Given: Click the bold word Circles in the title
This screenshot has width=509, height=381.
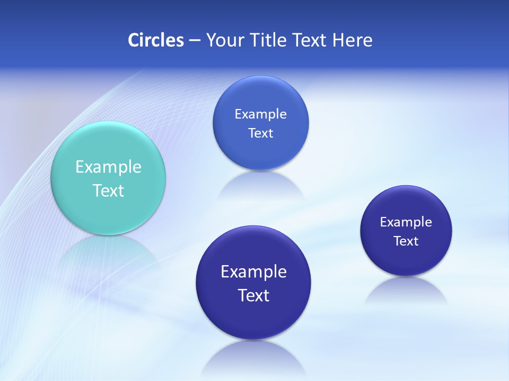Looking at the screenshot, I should click(x=155, y=40).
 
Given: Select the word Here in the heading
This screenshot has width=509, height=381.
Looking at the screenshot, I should click(x=353, y=40).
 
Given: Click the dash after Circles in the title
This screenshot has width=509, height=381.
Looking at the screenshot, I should click(x=194, y=41).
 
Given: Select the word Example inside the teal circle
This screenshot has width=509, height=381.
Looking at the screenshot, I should click(x=108, y=167).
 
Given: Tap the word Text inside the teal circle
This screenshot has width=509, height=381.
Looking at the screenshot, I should click(x=108, y=190).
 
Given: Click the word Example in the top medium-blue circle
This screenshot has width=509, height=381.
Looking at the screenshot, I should click(x=261, y=114).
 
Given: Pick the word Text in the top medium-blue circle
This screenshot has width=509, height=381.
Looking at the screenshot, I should click(x=261, y=133).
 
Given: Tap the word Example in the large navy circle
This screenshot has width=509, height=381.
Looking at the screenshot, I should click(x=253, y=272).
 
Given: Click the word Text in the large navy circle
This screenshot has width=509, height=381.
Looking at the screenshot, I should click(x=253, y=295).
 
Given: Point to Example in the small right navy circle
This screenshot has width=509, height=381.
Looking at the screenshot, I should click(x=406, y=222).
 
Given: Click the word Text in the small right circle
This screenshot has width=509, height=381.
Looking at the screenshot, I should click(x=406, y=241).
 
